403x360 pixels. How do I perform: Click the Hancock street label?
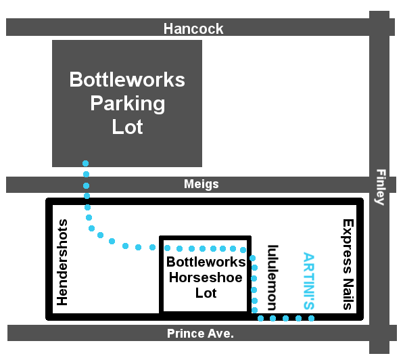pos(193,28)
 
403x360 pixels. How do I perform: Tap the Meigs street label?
pos(201,184)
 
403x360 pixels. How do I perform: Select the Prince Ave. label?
pos(200,334)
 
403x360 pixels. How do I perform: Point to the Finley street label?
pos(381,187)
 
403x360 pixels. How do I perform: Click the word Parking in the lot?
pos(128,104)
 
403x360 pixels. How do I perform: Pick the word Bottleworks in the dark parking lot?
pos(127,79)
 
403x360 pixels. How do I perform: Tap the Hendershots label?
pos(62,262)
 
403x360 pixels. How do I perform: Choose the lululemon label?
pos(272,277)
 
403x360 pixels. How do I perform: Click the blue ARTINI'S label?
pos(309,281)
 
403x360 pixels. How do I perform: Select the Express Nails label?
pos(348,265)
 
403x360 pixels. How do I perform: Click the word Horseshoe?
pos(206,277)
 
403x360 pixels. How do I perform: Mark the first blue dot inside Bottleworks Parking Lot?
pos(86,163)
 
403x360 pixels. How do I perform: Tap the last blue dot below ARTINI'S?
pos(311,318)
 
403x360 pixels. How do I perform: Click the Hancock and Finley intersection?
pos(379,27)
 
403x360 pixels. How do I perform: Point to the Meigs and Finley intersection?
pos(379,185)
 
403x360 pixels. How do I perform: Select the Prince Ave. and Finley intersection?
pos(379,333)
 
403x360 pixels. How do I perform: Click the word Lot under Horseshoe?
pos(206,293)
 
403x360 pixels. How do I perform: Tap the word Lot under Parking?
pos(128,127)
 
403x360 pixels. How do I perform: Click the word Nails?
pos(348,294)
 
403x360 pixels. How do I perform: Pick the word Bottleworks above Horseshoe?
pos(206,262)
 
